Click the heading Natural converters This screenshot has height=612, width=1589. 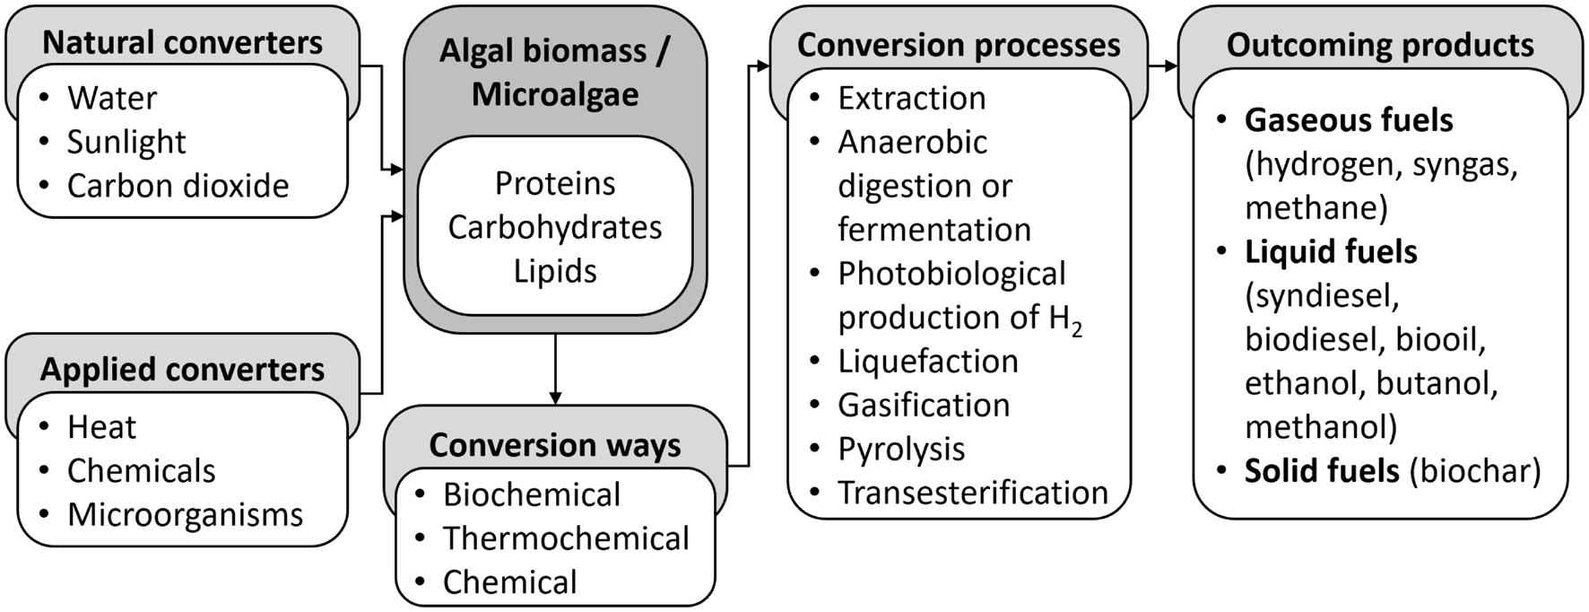[x=182, y=43]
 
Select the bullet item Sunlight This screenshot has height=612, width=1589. [x=126, y=142]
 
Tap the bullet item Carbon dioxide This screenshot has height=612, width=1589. [x=178, y=186]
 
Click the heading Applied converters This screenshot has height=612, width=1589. [x=182, y=370]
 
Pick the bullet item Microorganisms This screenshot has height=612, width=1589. [x=185, y=515]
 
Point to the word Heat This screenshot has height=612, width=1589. [x=101, y=427]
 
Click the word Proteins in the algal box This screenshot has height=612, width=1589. [x=555, y=184]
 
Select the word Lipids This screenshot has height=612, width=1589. [x=555, y=271]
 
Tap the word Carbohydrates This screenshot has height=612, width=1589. [x=555, y=228]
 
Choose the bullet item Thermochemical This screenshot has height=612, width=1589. [x=565, y=538]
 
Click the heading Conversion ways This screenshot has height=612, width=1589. [x=555, y=445]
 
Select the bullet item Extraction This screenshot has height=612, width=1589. [x=911, y=98]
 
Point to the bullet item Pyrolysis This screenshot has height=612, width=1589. [x=901, y=449]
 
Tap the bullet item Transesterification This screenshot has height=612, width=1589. [x=972, y=493]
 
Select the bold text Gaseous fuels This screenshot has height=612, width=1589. [x=1348, y=120]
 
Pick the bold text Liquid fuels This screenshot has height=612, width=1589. [x=1331, y=252]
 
